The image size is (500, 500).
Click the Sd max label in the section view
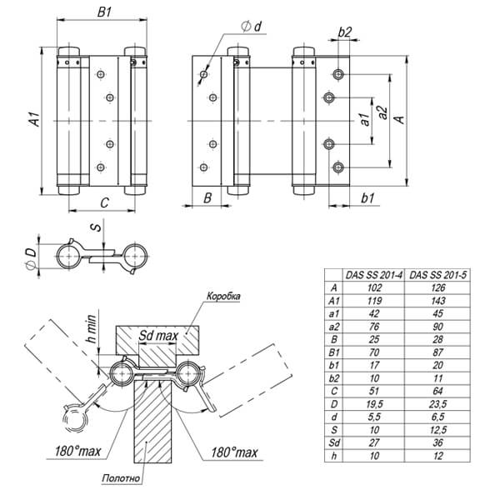click(157, 335)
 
